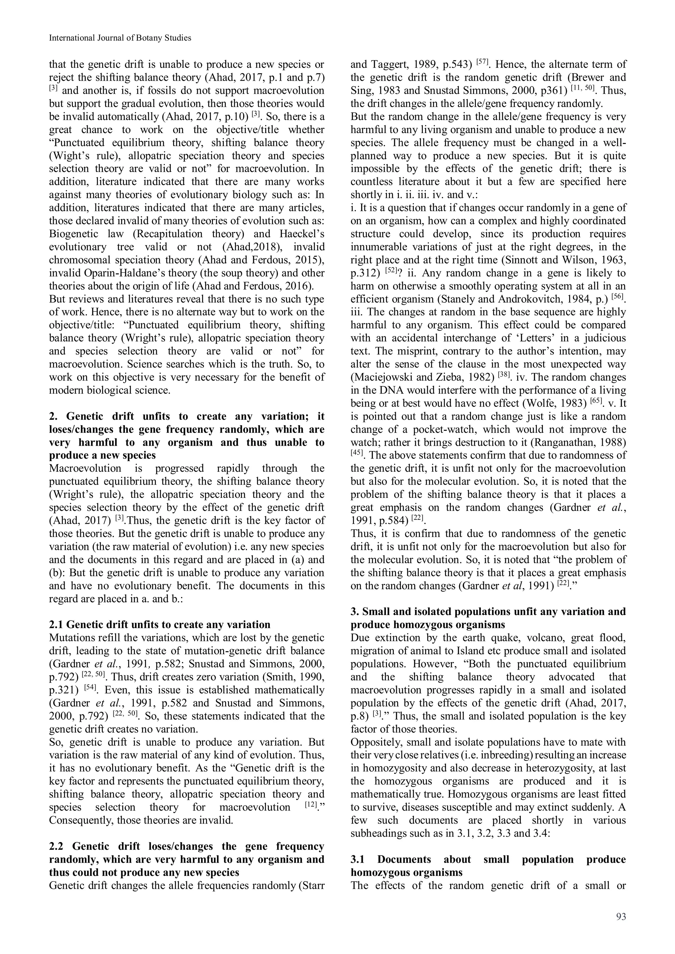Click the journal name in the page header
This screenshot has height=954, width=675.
[120, 38]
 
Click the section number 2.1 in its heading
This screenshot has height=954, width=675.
[57, 625]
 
